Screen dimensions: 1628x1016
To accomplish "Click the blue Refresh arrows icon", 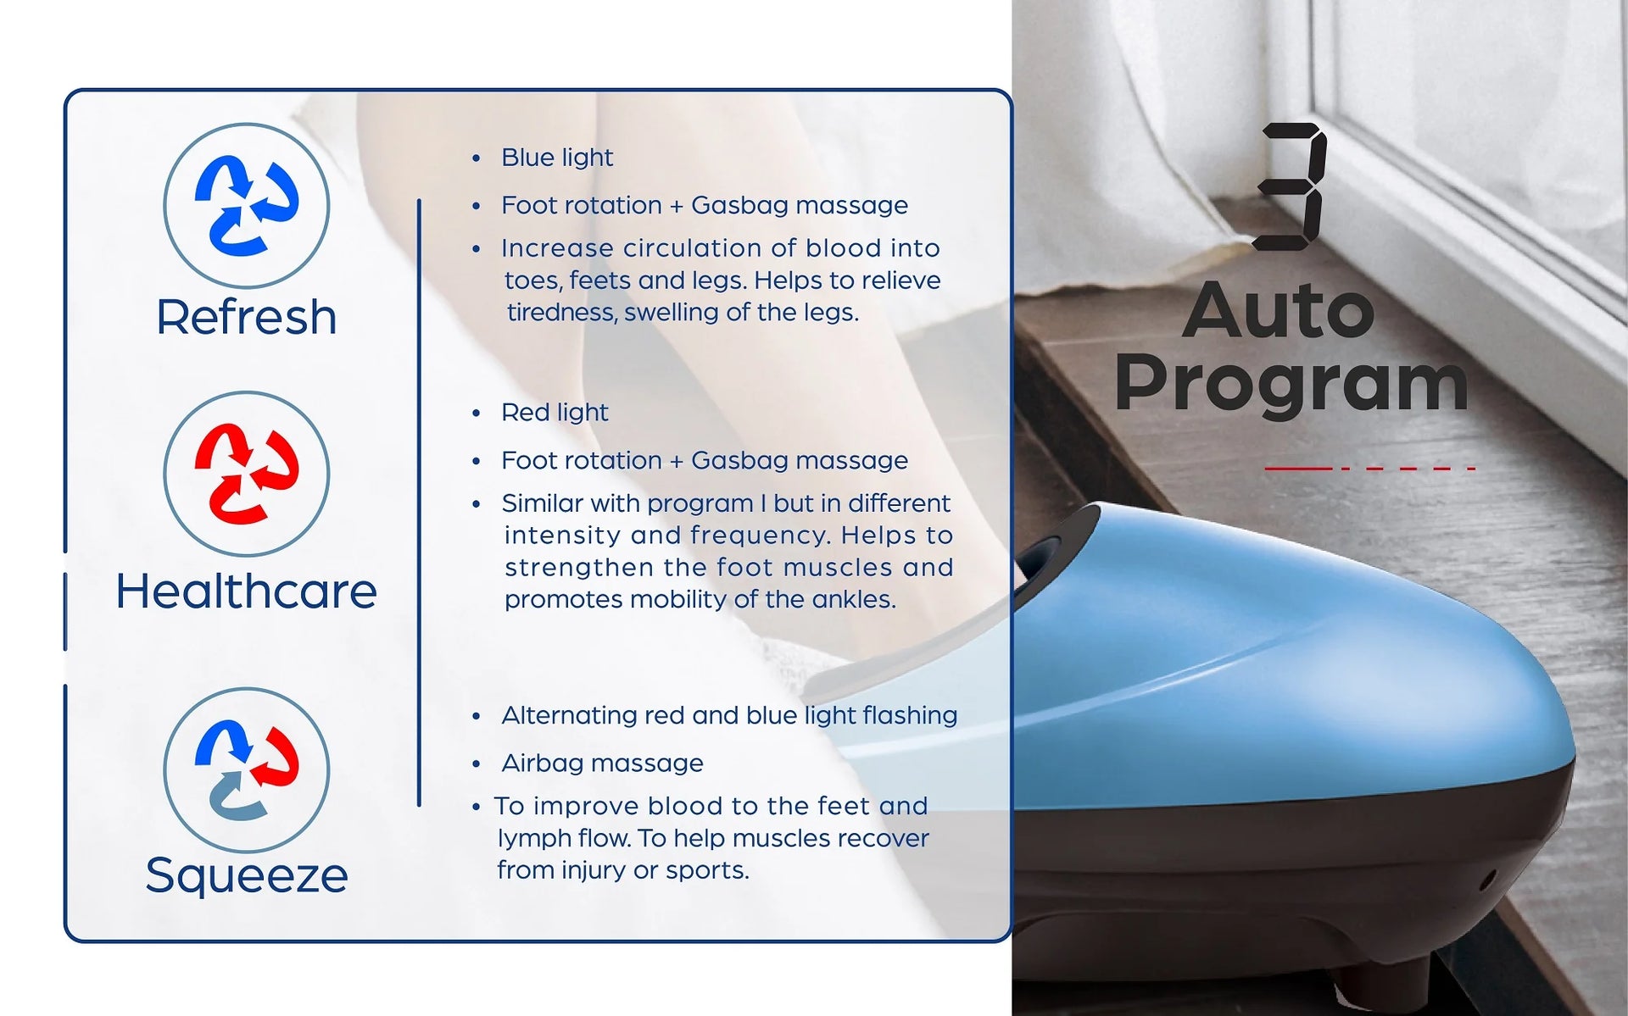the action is pos(246,206).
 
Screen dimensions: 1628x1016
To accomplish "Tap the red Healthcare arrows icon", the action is pos(246,474).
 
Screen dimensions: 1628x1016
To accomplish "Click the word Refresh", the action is pos(246,317).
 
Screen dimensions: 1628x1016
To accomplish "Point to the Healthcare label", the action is pos(246,591).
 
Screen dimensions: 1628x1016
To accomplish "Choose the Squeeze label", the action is pos(246,874).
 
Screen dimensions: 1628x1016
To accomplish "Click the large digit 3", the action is pos(1291,186).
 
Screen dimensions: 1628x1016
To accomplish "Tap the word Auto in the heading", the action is pos(1279,310).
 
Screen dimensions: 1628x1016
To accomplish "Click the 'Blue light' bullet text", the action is pos(557,158).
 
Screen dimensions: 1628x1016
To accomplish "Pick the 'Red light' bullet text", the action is pos(555,413).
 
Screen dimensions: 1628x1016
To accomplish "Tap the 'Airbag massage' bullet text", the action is pos(602,763).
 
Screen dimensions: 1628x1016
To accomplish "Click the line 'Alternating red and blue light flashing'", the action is pos(729,715).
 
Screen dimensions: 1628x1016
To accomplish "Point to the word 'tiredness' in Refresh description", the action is pos(562,313).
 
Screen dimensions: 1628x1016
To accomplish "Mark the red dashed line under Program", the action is pos(1370,468).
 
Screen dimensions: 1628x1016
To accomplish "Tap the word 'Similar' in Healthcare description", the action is pos(543,503).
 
